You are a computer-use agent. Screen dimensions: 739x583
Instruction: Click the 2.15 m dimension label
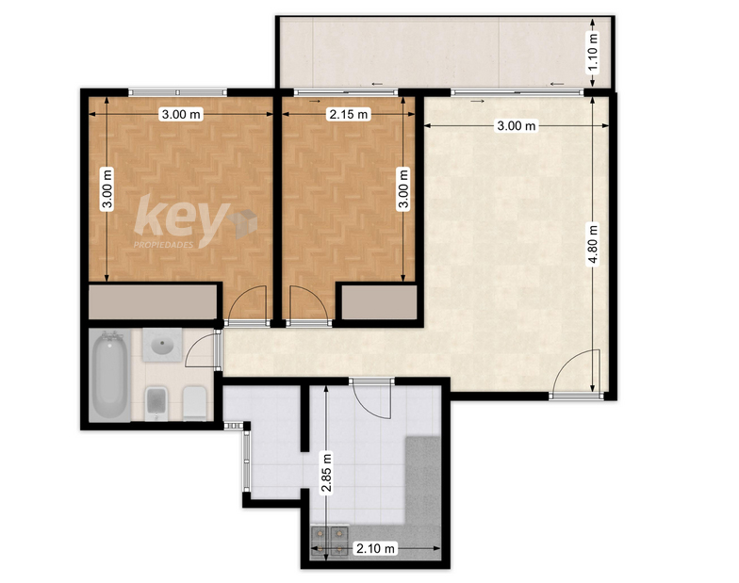tap(349, 115)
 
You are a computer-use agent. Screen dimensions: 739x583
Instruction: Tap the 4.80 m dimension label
tap(593, 245)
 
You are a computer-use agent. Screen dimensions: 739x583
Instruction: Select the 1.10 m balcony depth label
tap(593, 53)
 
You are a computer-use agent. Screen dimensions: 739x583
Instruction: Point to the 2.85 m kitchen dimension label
tap(326, 472)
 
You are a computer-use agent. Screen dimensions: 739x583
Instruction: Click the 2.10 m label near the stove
tap(375, 548)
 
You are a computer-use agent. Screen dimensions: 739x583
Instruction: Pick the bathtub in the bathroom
tap(109, 375)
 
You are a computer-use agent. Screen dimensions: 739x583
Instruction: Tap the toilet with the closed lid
tap(194, 403)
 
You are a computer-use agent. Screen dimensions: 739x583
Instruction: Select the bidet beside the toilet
tap(156, 403)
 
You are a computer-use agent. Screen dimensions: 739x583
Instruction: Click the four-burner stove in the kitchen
tap(330, 541)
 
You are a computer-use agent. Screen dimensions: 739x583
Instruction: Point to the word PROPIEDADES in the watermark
tap(164, 245)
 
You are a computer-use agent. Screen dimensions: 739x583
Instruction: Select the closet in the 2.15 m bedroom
tap(379, 302)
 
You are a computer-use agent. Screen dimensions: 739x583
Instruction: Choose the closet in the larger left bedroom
tap(153, 301)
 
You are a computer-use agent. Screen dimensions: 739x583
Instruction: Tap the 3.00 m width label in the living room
tap(517, 126)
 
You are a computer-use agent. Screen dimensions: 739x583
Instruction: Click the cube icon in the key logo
tap(242, 223)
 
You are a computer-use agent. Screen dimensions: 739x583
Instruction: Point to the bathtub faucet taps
tap(109, 335)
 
